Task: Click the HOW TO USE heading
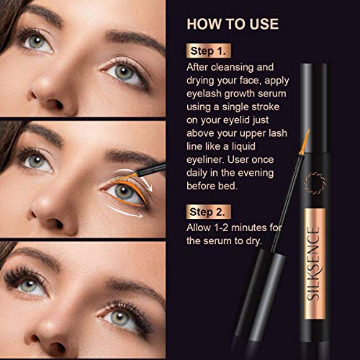(x=232, y=23)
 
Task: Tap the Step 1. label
(x=210, y=52)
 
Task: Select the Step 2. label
(x=210, y=212)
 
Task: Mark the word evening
(x=270, y=177)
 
